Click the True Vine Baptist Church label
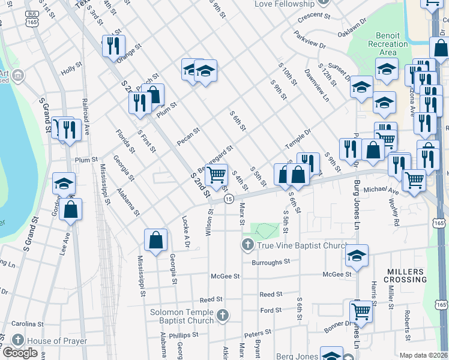point(302,245)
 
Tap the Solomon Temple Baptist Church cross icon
point(223,315)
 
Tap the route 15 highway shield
point(229,198)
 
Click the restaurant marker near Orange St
point(113,45)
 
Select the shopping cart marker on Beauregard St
point(217,175)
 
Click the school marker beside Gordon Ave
point(64,184)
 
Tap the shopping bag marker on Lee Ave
point(71,209)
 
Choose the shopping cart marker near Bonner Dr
point(360,311)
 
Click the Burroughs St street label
point(271,262)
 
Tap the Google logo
point(20,353)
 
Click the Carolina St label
point(28,323)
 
